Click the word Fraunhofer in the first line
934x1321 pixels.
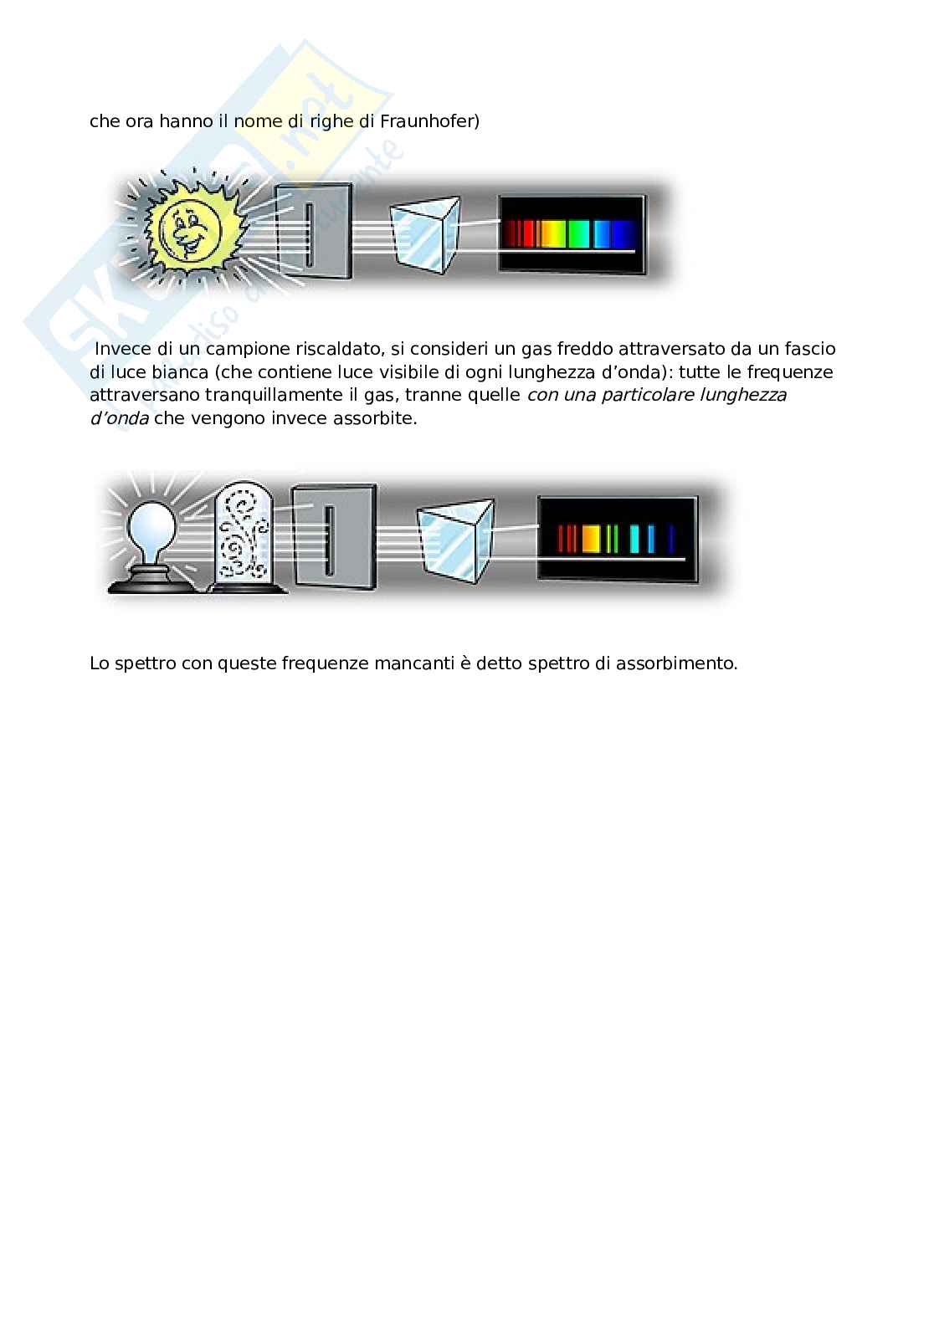click(x=429, y=121)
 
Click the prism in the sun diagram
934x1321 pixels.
click(x=425, y=234)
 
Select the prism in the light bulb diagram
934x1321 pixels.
click(x=455, y=540)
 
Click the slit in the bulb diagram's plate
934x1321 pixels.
click(x=329, y=540)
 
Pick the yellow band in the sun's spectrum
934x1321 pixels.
click(x=553, y=234)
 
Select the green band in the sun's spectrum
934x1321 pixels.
click(x=579, y=234)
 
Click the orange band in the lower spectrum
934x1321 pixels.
click(x=591, y=539)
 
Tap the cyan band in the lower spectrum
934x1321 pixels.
click(x=634, y=539)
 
